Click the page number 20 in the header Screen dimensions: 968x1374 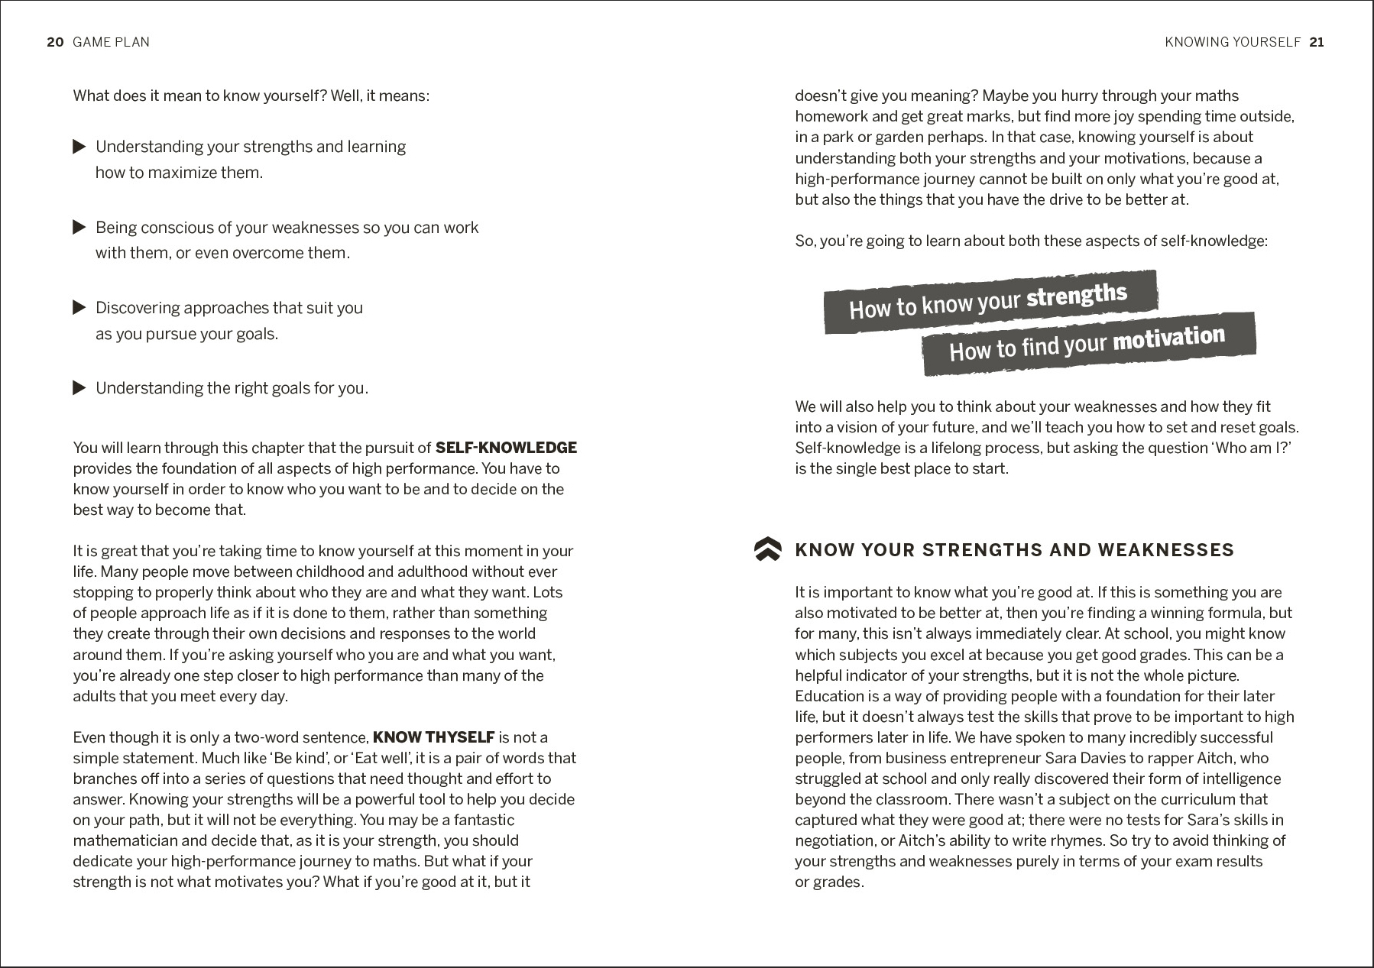[x=55, y=42]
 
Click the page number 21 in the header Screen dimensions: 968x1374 [x=1317, y=42]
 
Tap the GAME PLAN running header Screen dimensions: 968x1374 [x=112, y=42]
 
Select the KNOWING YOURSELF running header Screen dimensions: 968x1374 [x=1233, y=42]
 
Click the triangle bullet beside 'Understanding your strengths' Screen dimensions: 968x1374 [x=79, y=147]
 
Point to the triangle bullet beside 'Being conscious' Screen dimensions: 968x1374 [x=79, y=228]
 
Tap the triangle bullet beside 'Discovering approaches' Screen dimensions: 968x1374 [x=79, y=308]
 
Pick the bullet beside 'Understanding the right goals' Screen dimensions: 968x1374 [x=79, y=388]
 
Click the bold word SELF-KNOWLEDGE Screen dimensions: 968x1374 [x=506, y=448]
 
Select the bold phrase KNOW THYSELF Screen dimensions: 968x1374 [x=433, y=737]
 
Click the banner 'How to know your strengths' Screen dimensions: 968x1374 [x=990, y=301]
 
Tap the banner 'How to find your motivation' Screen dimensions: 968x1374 [x=1088, y=344]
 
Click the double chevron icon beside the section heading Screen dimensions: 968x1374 [x=767, y=549]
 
